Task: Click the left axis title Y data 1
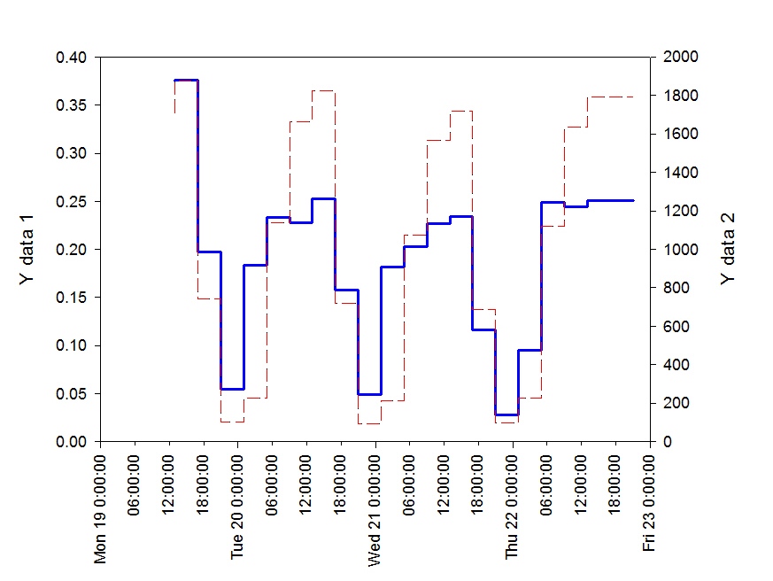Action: coord(27,249)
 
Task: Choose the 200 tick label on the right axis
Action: coord(671,403)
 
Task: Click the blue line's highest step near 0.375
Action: coord(186,81)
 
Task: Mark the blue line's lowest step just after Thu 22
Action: coord(506,414)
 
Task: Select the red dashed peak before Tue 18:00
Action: coord(323,90)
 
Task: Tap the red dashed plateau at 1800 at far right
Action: coord(611,97)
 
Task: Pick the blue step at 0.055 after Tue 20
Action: coord(232,389)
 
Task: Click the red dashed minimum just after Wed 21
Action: coord(369,423)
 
